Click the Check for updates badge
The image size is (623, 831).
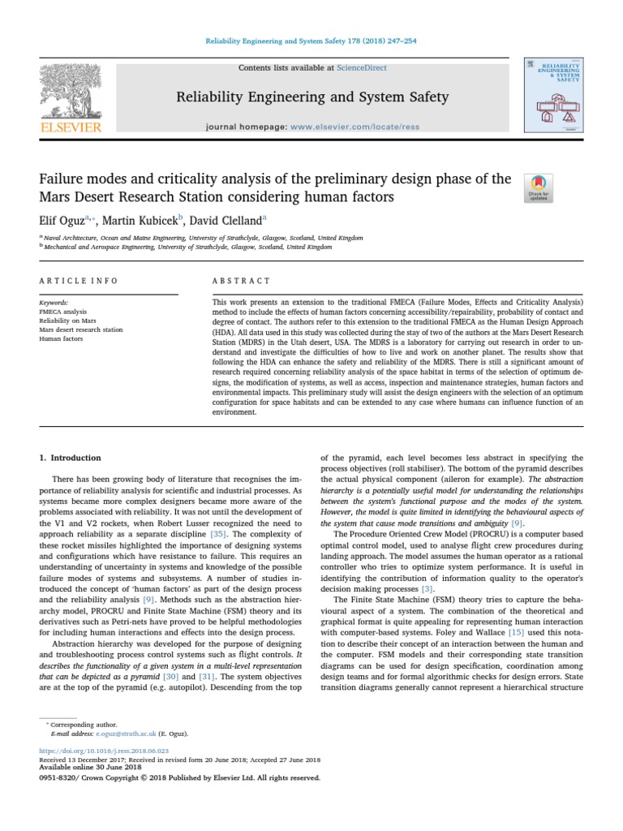[539, 187]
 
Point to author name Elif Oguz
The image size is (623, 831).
[62, 219]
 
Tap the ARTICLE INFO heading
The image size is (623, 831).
[79, 281]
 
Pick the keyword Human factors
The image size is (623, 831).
[61, 339]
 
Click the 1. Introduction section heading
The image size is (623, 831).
[71, 459]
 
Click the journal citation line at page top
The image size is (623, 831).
[311, 41]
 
